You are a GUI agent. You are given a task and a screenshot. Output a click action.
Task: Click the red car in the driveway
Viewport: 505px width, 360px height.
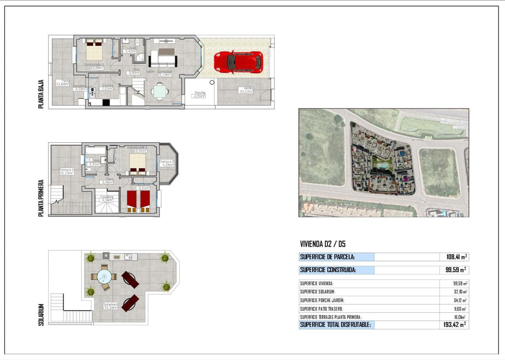[x=238, y=62]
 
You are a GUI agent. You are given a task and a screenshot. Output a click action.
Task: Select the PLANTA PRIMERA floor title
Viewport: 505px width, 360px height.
[x=41, y=198]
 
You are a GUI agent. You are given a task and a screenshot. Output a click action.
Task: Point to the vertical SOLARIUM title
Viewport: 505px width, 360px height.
[x=41, y=315]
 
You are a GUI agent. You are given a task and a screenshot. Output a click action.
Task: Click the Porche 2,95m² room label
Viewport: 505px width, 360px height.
[x=200, y=94]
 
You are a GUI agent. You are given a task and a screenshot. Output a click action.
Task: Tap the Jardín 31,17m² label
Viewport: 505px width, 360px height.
[x=246, y=90]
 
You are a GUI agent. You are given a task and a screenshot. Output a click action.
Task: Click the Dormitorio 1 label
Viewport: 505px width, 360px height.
[x=94, y=66]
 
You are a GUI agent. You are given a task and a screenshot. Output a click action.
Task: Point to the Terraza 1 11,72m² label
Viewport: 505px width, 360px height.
[x=67, y=171]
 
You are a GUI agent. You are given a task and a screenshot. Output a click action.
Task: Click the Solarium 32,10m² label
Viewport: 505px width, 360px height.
[x=111, y=306]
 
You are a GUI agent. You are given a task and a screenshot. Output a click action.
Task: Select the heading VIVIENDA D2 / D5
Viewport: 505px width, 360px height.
[x=322, y=244]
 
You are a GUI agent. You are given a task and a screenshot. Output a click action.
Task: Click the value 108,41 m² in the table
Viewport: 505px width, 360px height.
[x=454, y=257]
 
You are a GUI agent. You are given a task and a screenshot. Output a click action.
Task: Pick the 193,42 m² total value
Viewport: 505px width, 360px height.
[x=454, y=325]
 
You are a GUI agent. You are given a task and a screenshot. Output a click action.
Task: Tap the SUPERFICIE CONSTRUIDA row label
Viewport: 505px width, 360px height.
[x=328, y=270]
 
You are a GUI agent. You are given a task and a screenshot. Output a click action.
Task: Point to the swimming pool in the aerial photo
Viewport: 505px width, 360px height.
[x=382, y=166]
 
